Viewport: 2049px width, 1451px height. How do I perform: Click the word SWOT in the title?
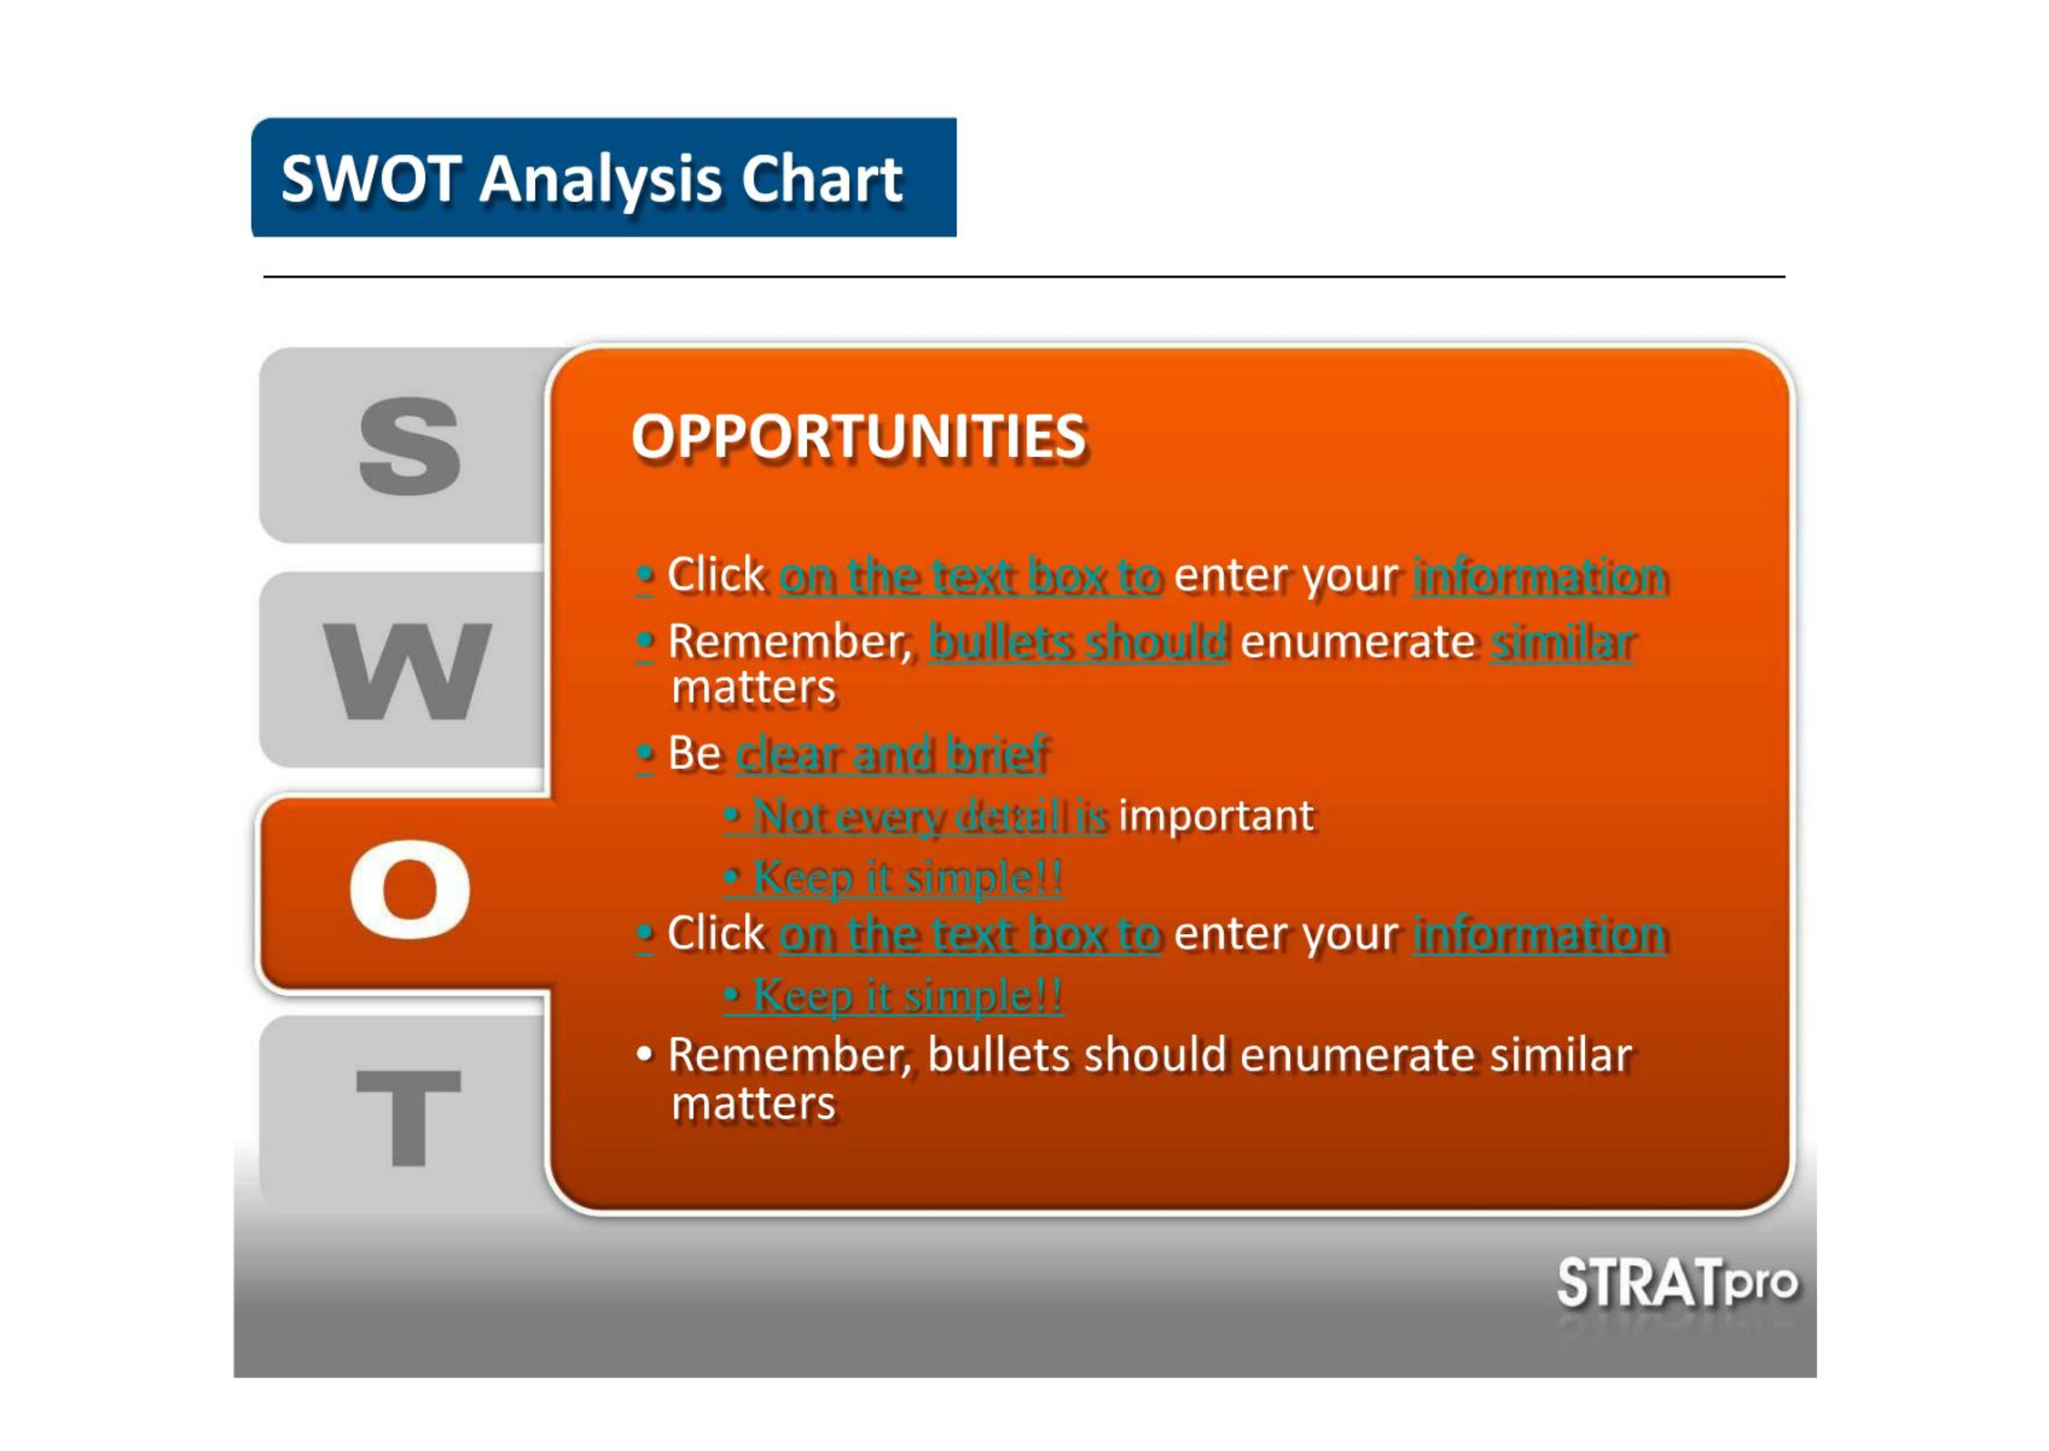click(x=370, y=178)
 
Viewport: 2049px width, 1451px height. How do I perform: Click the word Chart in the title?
click(x=822, y=178)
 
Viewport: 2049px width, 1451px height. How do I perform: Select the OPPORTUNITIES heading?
click(x=859, y=437)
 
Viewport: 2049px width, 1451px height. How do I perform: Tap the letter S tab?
click(x=409, y=446)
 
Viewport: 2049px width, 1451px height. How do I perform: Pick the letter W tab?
click(x=408, y=671)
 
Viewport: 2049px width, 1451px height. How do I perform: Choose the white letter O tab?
click(x=409, y=889)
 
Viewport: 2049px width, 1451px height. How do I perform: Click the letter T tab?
click(x=409, y=1117)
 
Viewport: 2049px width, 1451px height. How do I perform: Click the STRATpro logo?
click(x=1677, y=1284)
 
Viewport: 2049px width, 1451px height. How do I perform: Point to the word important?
click(x=1216, y=816)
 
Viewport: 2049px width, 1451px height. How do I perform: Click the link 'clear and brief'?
click(x=892, y=754)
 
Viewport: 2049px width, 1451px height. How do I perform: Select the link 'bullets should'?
click(x=1078, y=642)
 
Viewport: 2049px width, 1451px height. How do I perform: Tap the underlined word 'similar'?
click(x=1562, y=642)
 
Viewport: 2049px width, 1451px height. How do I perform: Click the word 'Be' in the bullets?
click(x=694, y=754)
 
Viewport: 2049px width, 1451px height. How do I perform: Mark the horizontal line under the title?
click(x=1024, y=276)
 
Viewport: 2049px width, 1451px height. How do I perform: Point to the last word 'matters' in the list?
click(x=752, y=1104)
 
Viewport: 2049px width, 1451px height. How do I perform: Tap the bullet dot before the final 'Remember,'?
click(x=644, y=1055)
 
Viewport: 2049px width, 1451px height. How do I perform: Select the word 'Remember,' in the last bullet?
click(x=789, y=1057)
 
